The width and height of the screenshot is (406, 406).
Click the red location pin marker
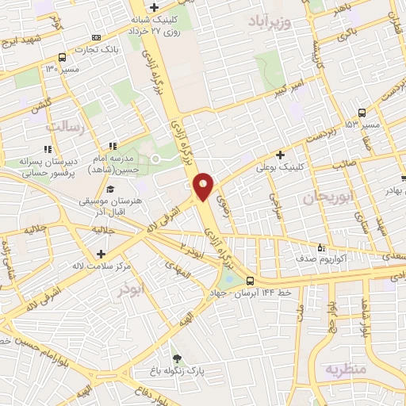(x=204, y=185)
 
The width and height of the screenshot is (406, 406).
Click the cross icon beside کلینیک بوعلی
(x=280, y=155)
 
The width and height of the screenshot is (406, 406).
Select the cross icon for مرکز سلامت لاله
(x=101, y=254)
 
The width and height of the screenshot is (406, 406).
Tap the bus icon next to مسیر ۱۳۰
(x=62, y=57)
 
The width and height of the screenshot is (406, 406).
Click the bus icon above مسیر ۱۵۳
(x=362, y=112)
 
